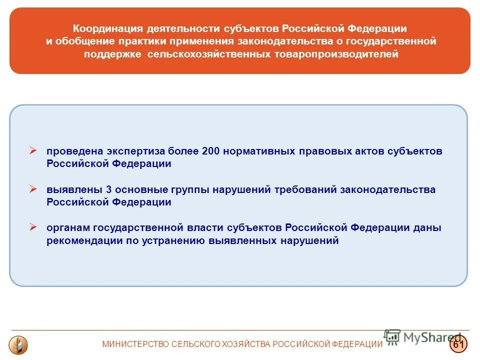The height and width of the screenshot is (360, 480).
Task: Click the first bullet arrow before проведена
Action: tap(33, 150)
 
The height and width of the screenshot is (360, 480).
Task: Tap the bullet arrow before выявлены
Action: tap(33, 189)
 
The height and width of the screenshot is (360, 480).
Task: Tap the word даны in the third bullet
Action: tap(427, 228)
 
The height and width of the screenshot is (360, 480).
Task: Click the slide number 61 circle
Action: tap(457, 344)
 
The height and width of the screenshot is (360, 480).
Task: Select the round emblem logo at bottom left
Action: tap(19, 344)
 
